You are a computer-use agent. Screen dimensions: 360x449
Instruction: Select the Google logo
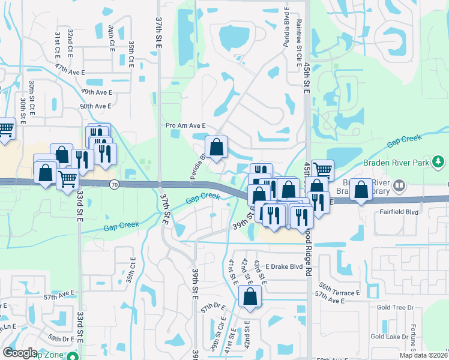pyautogui.click(x=20, y=353)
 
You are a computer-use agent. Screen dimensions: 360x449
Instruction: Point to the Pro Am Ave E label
pyautogui.click(x=186, y=125)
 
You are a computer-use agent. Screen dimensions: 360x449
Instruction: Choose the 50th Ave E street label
pyautogui.click(x=96, y=106)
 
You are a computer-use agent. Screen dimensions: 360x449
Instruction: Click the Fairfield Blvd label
pyautogui.click(x=398, y=212)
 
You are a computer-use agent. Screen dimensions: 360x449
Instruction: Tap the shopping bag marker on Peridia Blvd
pyautogui.click(x=216, y=146)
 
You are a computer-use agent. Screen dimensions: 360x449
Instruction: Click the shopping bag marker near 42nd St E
pyautogui.click(x=250, y=296)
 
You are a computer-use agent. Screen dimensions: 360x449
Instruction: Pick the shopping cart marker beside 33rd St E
pyautogui.click(x=67, y=178)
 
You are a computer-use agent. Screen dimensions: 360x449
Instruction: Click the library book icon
pyautogui.click(x=398, y=187)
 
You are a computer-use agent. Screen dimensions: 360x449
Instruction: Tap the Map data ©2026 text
pyautogui.click(x=423, y=355)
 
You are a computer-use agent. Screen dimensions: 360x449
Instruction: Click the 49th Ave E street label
pyautogui.click(x=97, y=92)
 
